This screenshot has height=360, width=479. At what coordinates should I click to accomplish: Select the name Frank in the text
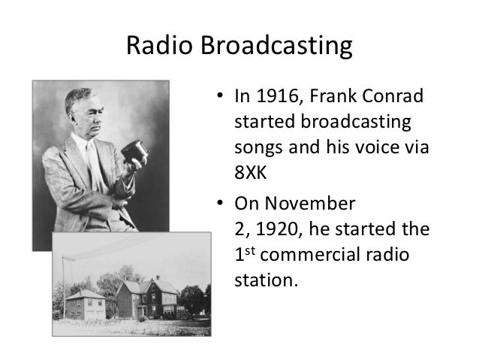click(325, 97)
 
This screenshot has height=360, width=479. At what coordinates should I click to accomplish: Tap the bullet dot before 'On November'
click(218, 204)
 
